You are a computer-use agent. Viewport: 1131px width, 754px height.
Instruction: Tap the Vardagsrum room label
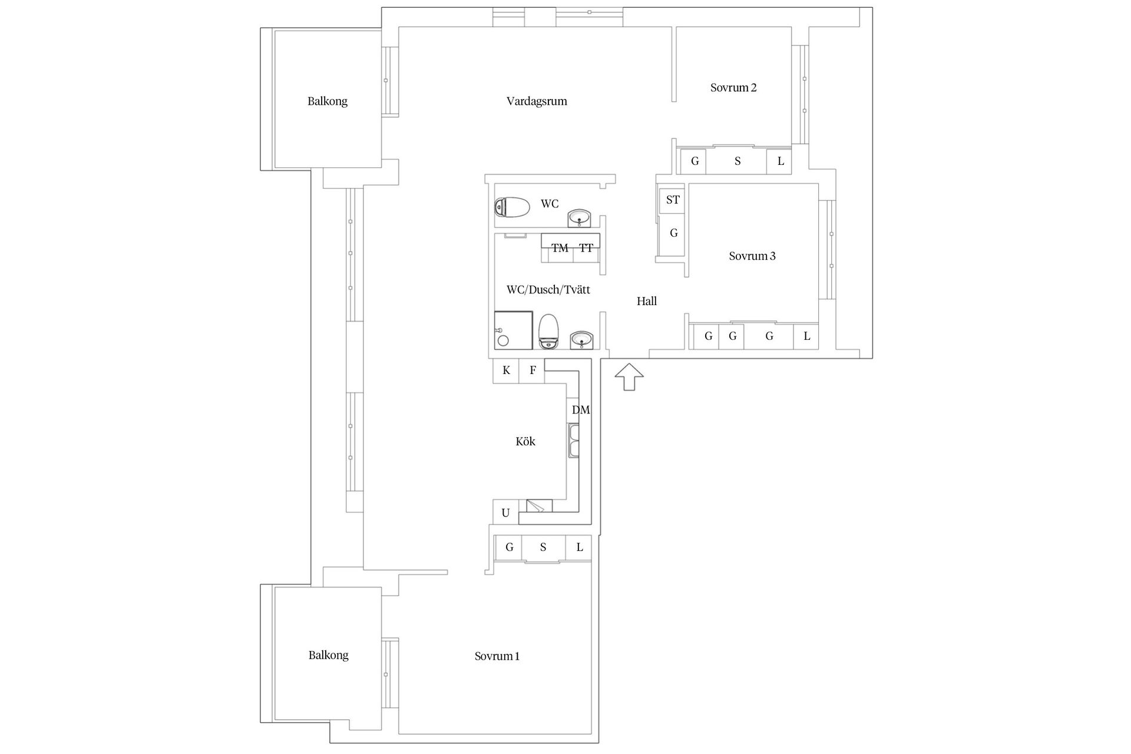point(537,101)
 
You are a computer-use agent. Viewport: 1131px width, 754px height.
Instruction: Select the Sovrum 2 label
point(733,88)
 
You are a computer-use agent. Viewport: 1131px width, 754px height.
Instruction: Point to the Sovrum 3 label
point(752,256)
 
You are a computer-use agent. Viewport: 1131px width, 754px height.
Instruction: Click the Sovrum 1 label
point(497,656)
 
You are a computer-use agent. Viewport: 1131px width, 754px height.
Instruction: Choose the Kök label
point(525,442)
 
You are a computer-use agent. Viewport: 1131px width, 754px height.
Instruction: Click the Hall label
point(646,302)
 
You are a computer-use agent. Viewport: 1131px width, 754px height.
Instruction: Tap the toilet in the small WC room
point(512,207)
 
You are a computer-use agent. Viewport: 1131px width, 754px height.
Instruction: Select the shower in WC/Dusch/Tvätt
point(513,330)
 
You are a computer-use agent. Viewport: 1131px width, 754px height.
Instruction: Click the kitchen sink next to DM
point(574,441)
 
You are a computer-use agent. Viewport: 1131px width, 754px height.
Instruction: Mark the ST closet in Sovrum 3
point(672,200)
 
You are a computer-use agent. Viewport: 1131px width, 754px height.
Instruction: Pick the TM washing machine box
point(560,249)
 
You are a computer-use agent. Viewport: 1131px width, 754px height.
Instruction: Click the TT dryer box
point(586,249)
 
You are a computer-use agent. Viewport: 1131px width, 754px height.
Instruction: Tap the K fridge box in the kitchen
point(506,371)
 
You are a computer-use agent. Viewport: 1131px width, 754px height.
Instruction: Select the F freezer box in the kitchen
point(532,371)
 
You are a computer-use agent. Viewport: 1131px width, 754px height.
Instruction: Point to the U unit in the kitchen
point(505,513)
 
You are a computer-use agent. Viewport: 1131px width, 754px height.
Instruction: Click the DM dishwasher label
point(580,410)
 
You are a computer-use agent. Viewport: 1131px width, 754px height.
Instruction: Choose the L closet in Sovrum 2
point(780,161)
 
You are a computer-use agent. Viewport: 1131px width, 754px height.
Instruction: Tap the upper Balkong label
point(327,101)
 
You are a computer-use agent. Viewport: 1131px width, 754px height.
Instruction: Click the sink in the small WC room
point(580,218)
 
